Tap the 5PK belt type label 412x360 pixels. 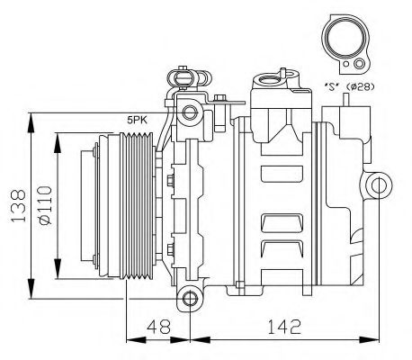pos(137,118)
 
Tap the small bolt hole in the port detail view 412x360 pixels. pos(359,64)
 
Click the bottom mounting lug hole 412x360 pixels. pos(188,297)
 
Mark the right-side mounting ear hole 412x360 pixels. pos(381,186)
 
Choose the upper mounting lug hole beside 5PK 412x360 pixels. pos(188,112)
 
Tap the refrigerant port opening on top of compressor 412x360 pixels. pos(270,82)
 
